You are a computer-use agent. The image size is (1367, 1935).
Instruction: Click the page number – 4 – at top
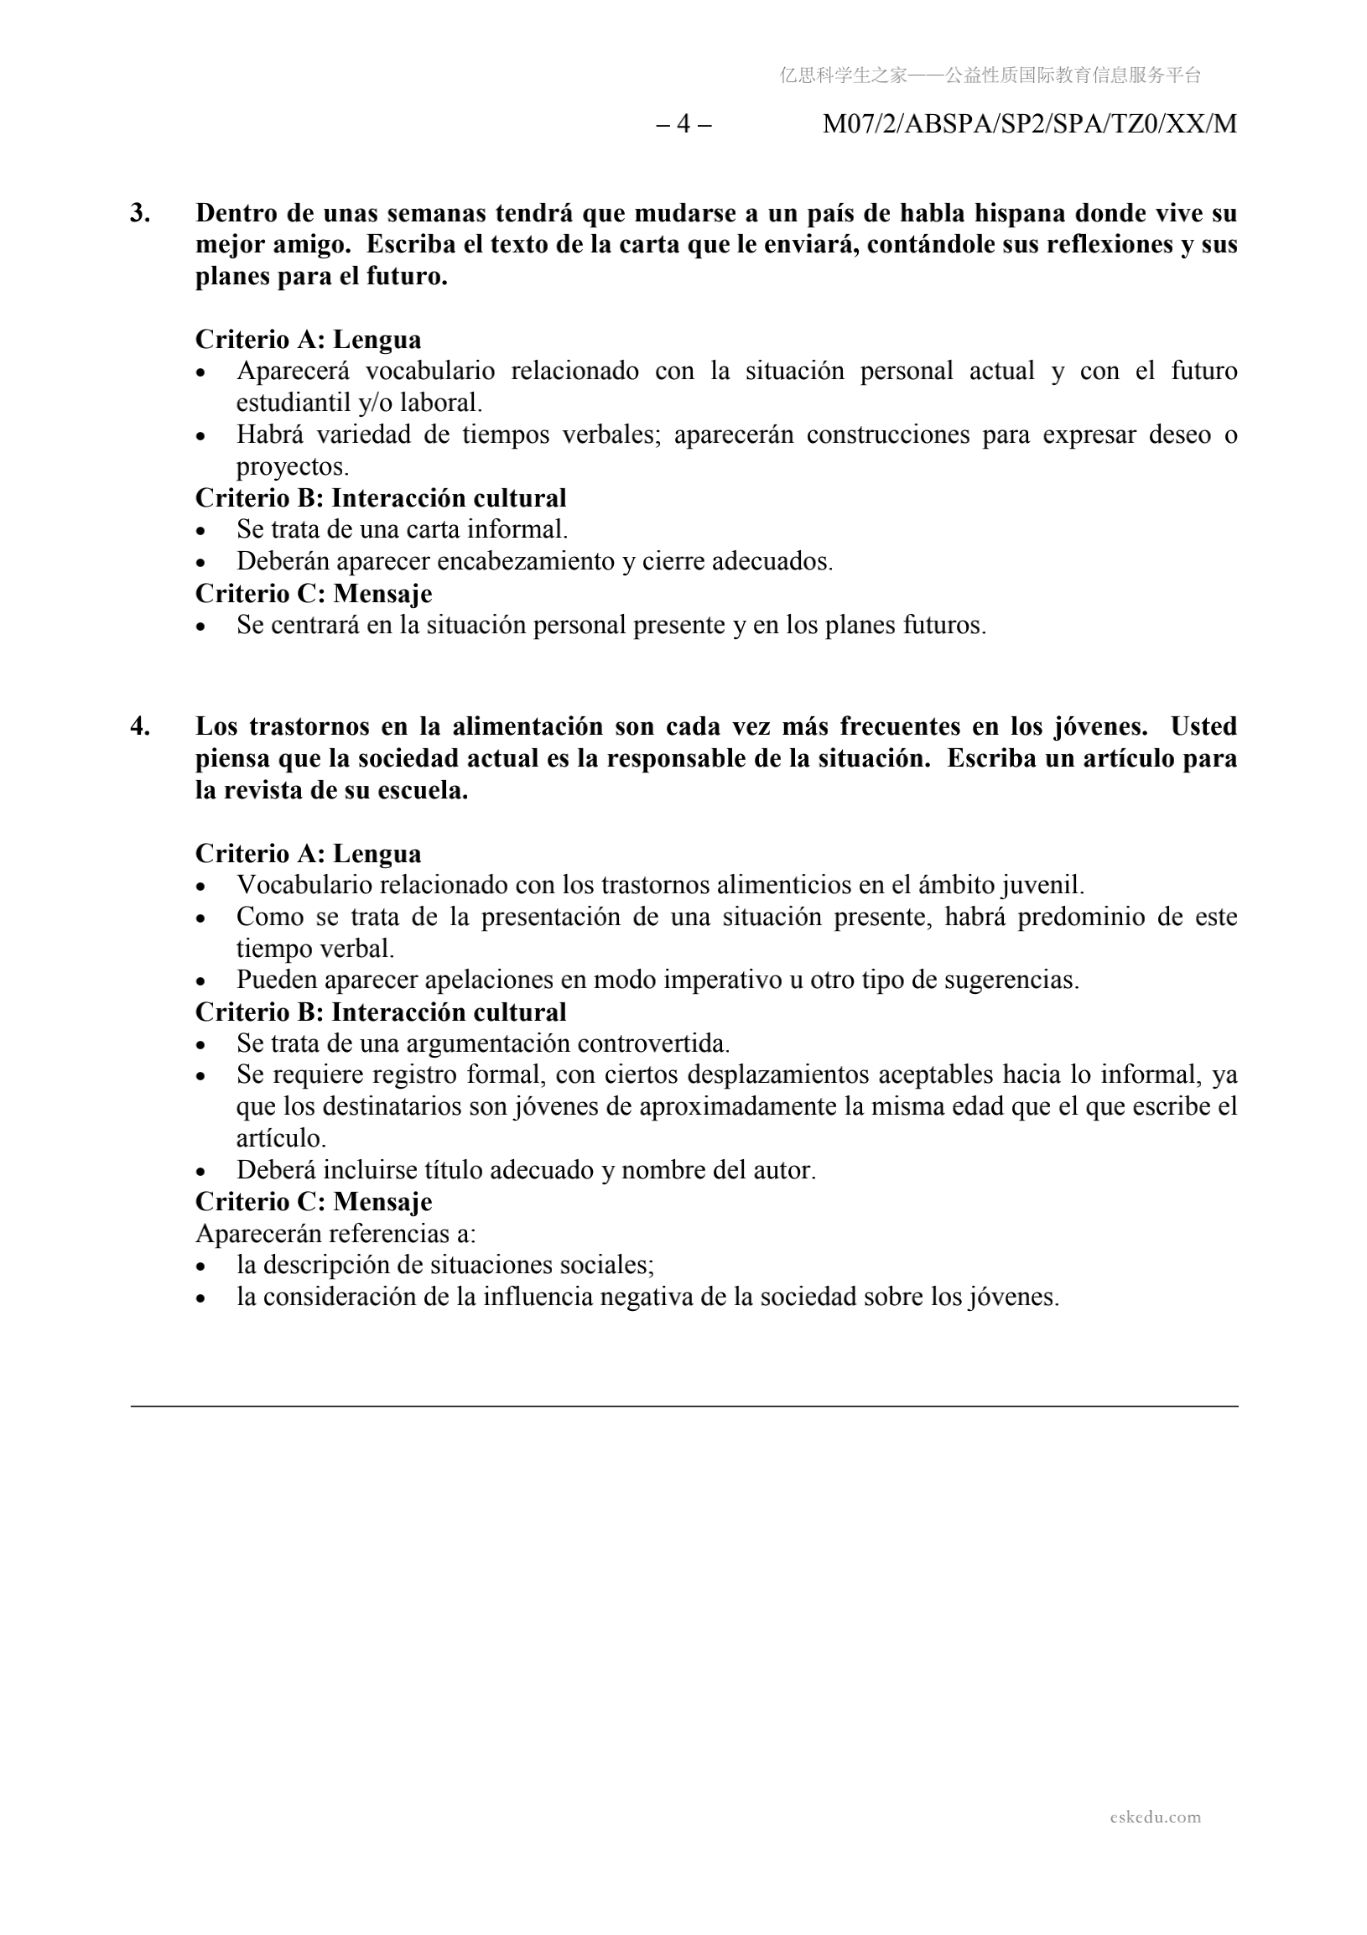683,124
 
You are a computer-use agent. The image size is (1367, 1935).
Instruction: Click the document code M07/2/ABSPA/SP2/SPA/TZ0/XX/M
1029,124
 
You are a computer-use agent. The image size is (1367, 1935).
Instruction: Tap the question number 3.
140,213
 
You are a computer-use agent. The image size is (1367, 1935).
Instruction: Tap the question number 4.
140,726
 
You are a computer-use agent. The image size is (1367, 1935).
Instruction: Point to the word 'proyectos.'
292,467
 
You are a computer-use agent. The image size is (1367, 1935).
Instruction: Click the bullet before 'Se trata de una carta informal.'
200,531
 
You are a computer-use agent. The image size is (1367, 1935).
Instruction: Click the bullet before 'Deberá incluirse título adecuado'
200,1172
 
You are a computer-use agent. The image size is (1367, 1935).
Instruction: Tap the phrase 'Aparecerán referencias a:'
335,1234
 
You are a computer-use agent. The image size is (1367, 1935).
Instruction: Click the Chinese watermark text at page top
990,75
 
